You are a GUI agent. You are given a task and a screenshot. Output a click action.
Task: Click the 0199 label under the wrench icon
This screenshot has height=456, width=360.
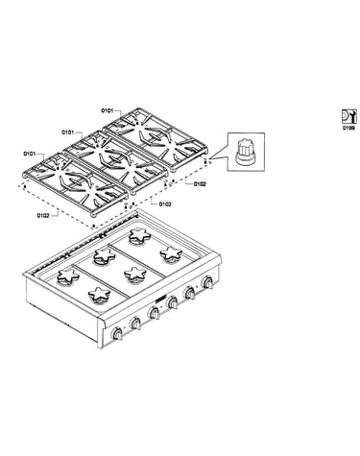tap(348, 128)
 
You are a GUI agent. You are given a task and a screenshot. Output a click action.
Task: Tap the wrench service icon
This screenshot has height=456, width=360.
tap(348, 116)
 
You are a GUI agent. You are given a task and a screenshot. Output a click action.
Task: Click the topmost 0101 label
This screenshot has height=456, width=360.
tap(108, 111)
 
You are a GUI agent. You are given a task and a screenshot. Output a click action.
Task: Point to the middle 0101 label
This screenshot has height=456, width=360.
tap(67, 132)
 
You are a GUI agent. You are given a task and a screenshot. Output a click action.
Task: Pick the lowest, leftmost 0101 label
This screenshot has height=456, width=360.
tap(29, 154)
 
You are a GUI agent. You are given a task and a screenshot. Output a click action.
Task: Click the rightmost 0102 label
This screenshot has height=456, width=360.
tap(200, 184)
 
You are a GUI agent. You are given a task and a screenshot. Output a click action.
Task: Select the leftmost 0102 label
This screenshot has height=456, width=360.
tap(43, 215)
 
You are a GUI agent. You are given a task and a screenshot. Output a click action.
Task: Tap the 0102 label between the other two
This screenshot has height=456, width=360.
tap(165, 204)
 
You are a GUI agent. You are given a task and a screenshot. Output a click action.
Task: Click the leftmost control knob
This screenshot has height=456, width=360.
tap(117, 334)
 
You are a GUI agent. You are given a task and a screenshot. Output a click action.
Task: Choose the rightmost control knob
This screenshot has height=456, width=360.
tap(207, 282)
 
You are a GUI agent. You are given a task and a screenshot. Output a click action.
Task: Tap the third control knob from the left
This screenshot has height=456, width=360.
tap(154, 313)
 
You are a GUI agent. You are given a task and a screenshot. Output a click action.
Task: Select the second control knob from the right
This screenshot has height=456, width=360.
tap(189, 293)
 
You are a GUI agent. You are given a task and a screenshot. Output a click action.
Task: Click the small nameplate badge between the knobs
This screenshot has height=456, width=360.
tap(159, 299)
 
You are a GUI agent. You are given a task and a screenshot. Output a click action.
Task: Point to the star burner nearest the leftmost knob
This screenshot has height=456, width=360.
tap(99, 295)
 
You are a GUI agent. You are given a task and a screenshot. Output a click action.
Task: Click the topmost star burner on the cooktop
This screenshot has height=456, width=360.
tap(139, 235)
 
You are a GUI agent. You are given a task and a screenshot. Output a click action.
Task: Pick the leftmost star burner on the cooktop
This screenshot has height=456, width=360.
tap(68, 276)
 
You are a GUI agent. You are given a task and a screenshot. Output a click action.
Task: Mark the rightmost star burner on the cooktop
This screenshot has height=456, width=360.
tap(171, 253)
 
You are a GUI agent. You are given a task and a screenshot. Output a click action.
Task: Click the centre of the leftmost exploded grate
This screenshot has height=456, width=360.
tap(75, 183)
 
